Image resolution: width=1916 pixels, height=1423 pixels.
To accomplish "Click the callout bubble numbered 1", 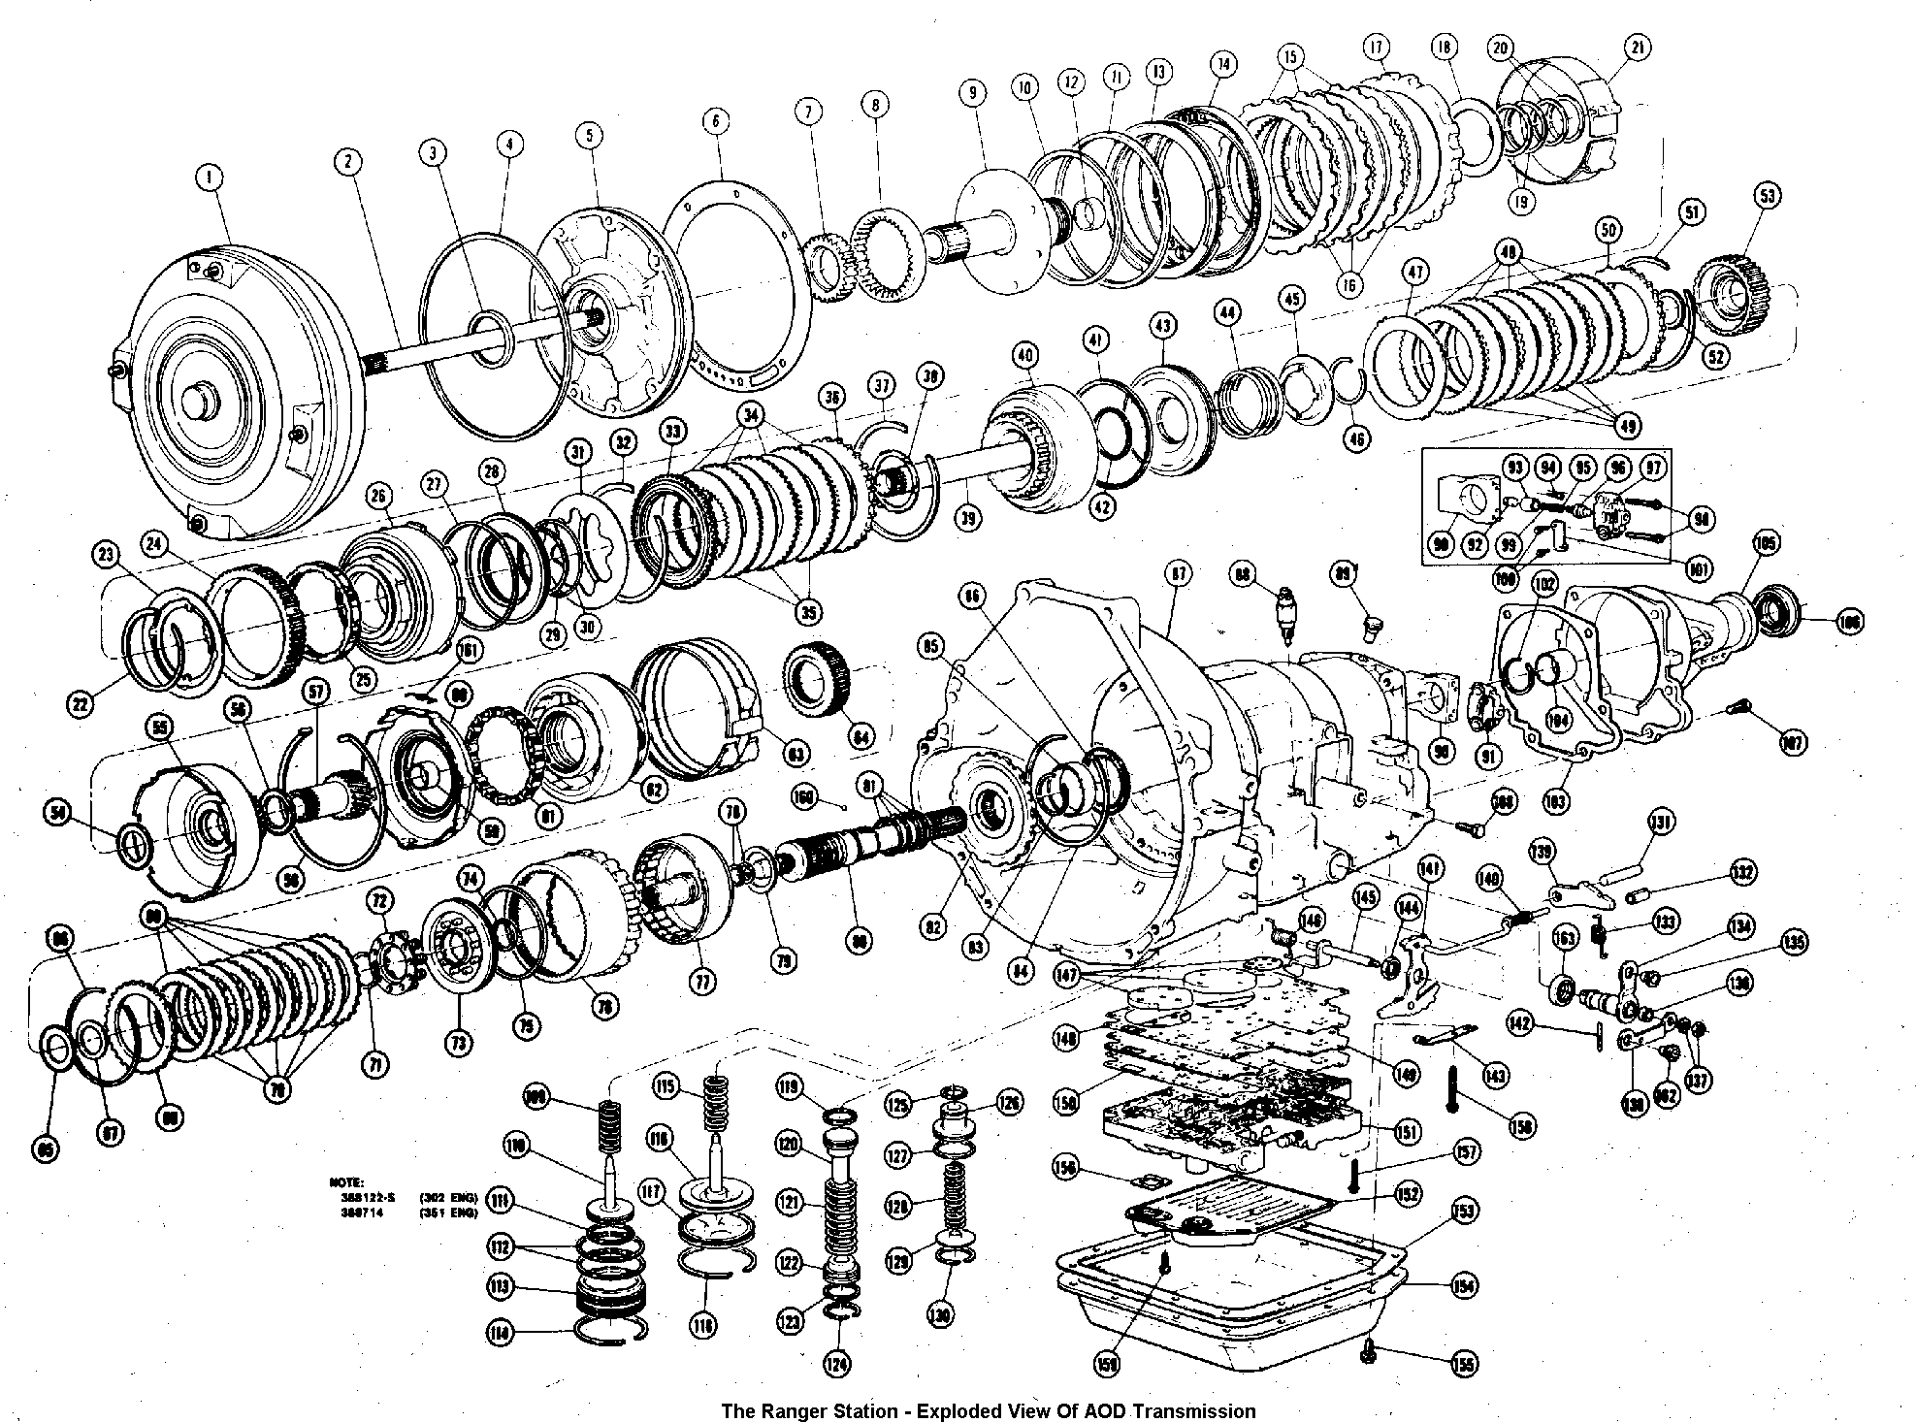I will click(x=209, y=178).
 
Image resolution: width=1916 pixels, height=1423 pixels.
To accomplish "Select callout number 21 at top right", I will click(x=1638, y=49).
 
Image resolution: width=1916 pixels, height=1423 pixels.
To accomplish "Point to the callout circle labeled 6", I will click(x=715, y=121).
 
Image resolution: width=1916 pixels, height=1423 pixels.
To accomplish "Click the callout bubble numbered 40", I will click(x=1025, y=354).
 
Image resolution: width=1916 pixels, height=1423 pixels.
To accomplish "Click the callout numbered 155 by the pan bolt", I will click(x=1463, y=1364).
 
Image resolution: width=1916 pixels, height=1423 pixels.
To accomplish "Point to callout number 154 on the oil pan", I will click(x=1463, y=1286).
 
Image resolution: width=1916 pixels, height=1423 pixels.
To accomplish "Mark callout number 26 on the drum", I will click(x=378, y=498).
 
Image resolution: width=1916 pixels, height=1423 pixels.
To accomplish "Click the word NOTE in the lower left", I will click(x=345, y=1183).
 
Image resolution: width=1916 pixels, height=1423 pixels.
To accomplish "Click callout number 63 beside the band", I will click(x=796, y=754).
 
